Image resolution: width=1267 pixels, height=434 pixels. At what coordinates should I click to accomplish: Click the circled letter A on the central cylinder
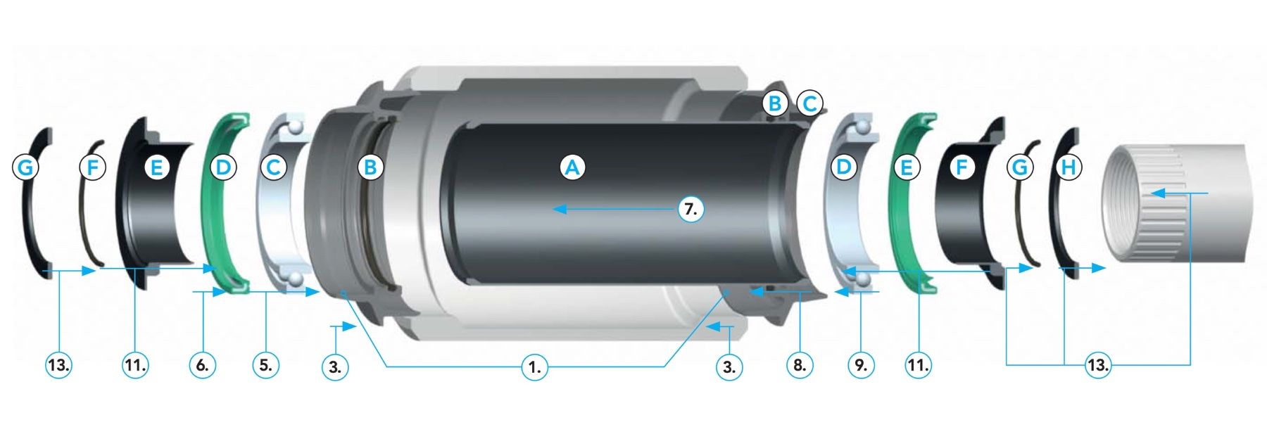pyautogui.click(x=572, y=167)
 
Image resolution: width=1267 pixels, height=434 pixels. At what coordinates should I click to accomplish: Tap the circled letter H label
pyautogui.click(x=1068, y=167)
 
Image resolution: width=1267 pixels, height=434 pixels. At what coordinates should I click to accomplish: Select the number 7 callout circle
pyautogui.click(x=691, y=209)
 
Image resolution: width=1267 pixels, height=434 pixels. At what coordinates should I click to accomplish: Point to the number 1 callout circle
pyautogui.click(x=535, y=366)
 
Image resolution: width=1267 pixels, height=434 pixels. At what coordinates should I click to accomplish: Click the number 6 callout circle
pyautogui.click(x=202, y=365)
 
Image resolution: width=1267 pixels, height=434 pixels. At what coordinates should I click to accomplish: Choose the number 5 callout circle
pyautogui.click(x=265, y=365)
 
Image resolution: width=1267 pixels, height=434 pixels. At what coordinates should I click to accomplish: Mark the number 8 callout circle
pyautogui.click(x=799, y=365)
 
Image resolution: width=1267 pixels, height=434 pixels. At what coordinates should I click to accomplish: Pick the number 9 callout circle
pyautogui.click(x=861, y=365)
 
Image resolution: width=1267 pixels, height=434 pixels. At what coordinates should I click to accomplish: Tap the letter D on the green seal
pyautogui.click(x=222, y=167)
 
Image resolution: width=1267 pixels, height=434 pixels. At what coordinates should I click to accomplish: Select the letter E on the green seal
pyautogui.click(x=906, y=167)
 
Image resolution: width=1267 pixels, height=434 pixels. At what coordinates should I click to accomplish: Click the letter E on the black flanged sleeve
pyautogui.click(x=156, y=167)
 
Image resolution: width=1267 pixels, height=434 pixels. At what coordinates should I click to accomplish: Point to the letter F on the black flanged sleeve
pyautogui.click(x=961, y=167)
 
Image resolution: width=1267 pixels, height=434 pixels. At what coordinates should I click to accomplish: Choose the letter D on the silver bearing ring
pyautogui.click(x=843, y=167)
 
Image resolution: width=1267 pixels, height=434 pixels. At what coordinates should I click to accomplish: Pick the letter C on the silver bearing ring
pyautogui.click(x=273, y=167)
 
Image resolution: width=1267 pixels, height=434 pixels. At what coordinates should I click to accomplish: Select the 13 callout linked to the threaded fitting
pyautogui.click(x=1097, y=365)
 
